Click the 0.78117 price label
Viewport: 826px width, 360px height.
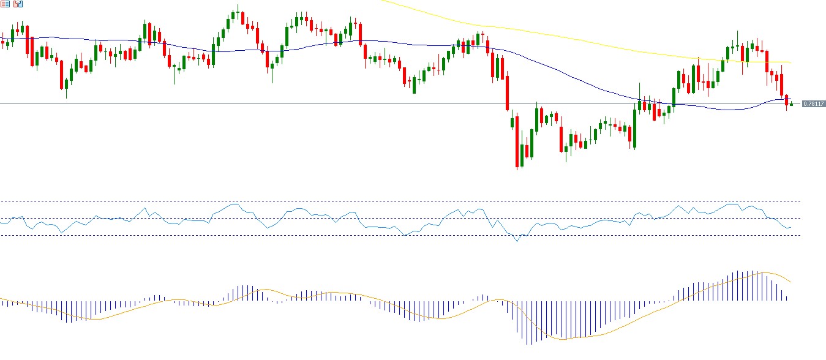813,104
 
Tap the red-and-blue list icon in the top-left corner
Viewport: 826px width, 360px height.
6,4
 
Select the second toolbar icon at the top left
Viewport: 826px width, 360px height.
18,4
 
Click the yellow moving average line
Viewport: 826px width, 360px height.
551,36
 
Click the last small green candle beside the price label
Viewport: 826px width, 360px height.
792,104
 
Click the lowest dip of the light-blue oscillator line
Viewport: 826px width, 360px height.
517,241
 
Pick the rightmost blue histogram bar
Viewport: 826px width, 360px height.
786,293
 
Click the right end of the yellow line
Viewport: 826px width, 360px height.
791,62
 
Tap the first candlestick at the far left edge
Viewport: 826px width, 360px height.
2,42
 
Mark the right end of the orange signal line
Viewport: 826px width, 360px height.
792,282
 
